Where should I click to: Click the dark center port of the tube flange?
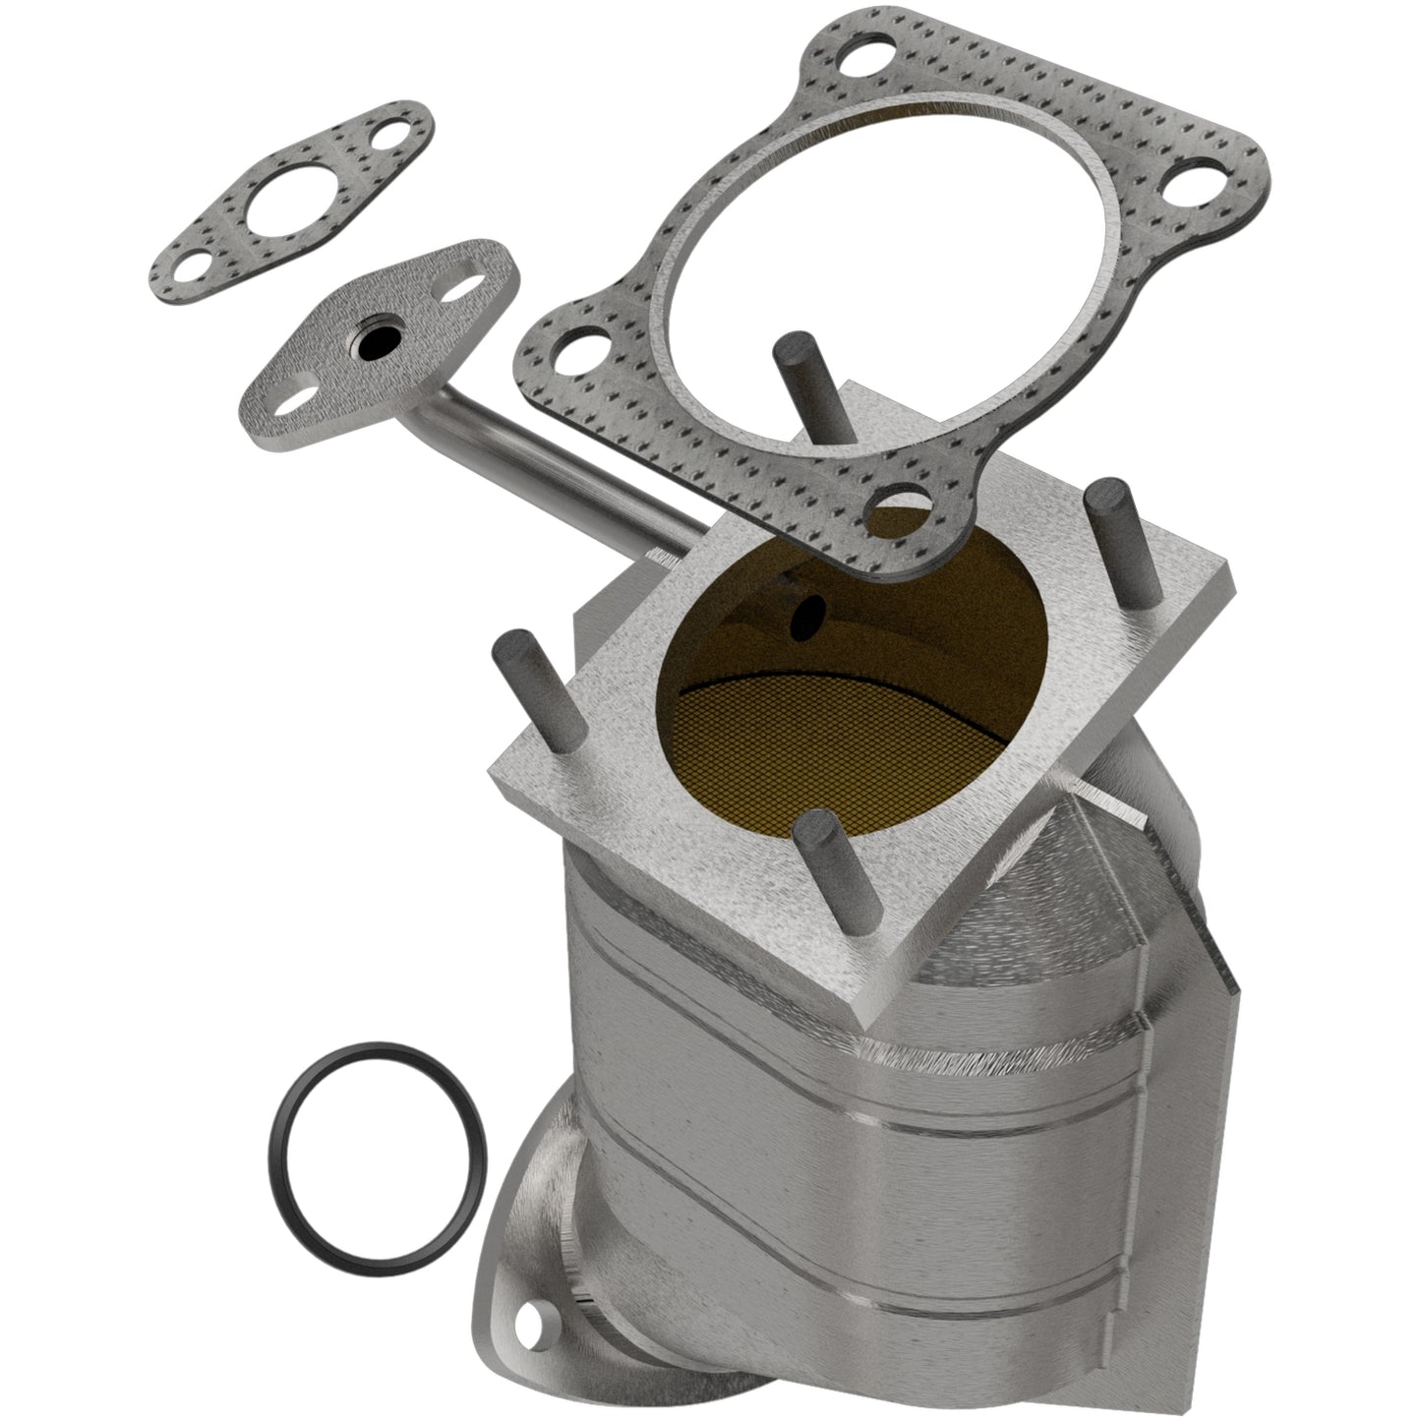tap(374, 346)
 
